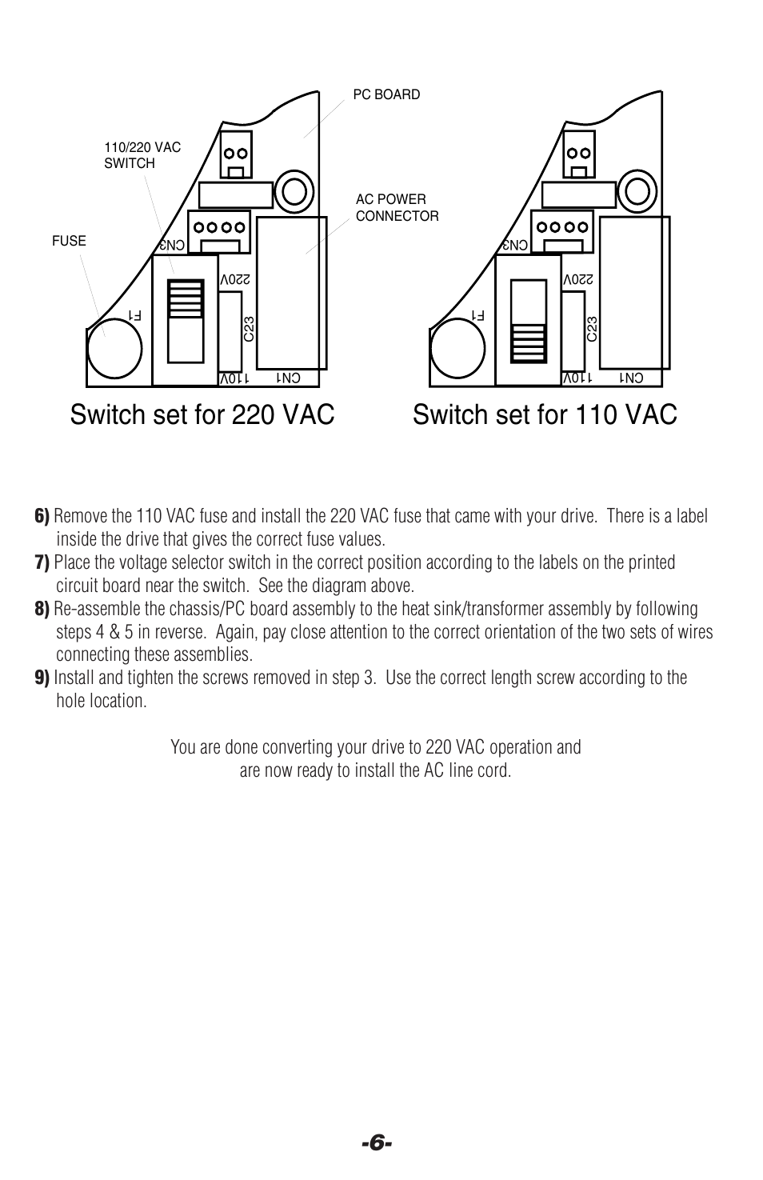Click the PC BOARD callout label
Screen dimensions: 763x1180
tap(386, 94)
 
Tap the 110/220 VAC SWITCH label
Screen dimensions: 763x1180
tap(142, 155)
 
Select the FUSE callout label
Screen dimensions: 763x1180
tap(69, 241)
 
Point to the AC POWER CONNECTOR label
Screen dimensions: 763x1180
tap(397, 207)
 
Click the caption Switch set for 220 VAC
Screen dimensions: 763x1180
tap(202, 414)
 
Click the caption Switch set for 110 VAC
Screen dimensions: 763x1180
tap(545, 414)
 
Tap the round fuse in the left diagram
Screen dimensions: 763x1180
tap(114, 349)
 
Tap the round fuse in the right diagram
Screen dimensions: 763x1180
tap(457, 349)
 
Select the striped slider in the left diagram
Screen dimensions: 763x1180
tap(185, 298)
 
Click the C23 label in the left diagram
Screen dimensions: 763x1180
tap(249, 329)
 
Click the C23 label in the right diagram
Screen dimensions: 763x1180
tap(592, 329)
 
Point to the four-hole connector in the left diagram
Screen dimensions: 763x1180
tap(218, 227)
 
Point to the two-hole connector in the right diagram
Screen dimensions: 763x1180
tap(579, 153)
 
